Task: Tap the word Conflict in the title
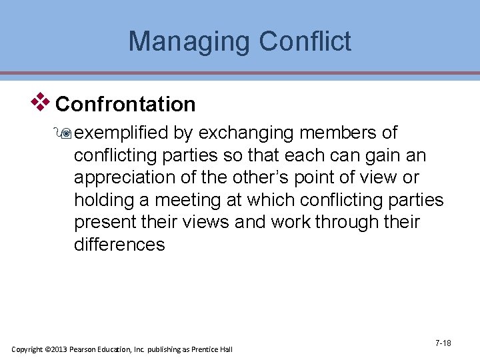[305, 41]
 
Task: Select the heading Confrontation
[125, 105]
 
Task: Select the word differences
[119, 244]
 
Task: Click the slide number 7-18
[443, 343]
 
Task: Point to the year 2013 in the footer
[61, 349]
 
